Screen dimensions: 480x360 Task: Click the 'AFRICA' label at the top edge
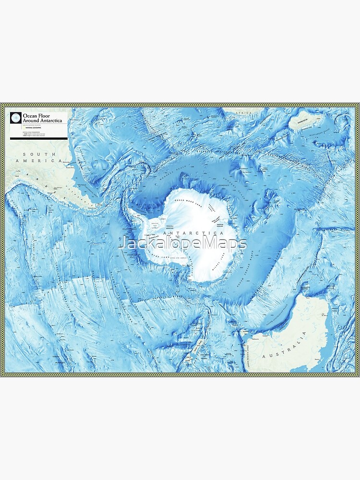244,112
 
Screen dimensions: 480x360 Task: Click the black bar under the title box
39,138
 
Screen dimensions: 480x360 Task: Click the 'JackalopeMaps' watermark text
182,243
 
